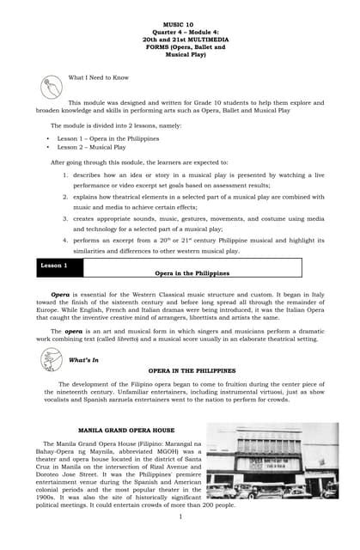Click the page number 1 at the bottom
(181, 516)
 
